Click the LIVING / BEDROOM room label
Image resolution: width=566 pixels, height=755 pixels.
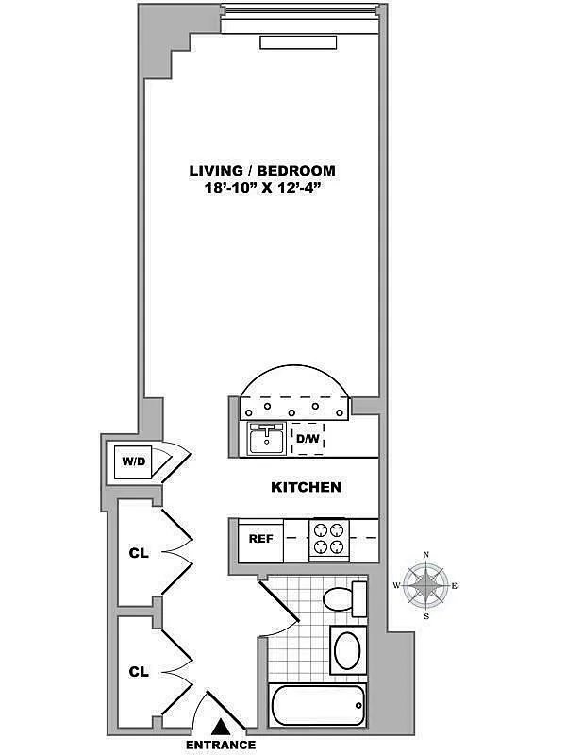(262, 171)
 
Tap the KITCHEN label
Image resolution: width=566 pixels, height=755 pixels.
(306, 488)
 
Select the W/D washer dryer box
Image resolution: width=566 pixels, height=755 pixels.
(131, 462)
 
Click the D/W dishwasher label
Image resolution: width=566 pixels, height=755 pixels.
(308, 439)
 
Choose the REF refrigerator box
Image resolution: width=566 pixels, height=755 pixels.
(260, 539)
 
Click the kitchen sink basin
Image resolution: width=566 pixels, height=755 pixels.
(267, 439)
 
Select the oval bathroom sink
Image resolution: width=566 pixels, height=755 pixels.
(346, 651)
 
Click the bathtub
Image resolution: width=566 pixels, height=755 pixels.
(317, 705)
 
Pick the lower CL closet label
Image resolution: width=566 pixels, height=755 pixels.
(139, 672)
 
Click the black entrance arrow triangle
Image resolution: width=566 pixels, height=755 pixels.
(221, 726)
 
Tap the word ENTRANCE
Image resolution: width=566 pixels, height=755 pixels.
(221, 745)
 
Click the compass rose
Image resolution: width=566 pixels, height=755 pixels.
(426, 585)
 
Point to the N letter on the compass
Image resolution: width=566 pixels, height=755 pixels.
(426, 555)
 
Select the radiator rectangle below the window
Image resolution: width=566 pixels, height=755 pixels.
(297, 43)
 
